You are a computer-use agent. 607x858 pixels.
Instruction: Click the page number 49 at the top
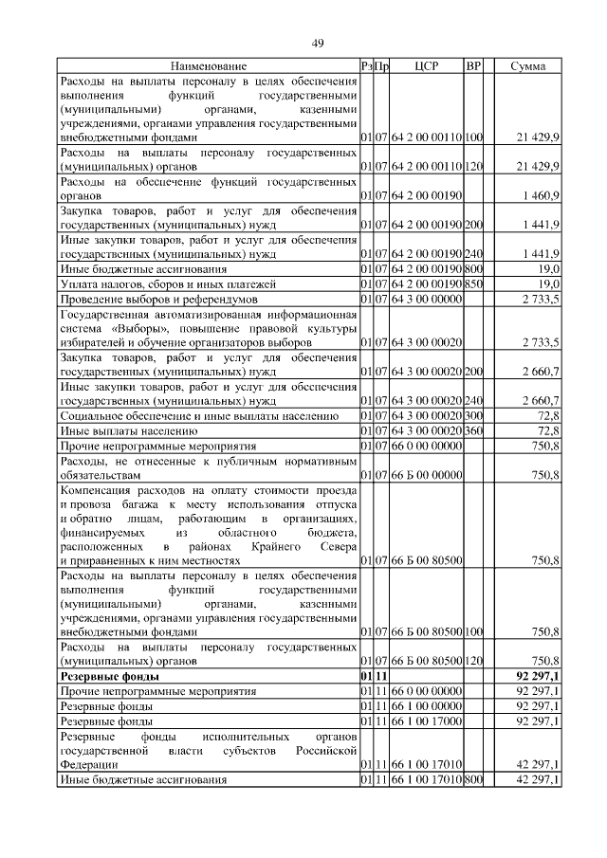[318, 43]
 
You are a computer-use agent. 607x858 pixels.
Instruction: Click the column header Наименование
[209, 66]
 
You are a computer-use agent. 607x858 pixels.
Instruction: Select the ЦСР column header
[425, 66]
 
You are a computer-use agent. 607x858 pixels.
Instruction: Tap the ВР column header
[474, 66]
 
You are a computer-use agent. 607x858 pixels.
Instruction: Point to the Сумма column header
[527, 66]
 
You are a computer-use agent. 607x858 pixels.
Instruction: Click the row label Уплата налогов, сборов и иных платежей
[168, 283]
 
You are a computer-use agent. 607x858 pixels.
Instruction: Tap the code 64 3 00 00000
[425, 299]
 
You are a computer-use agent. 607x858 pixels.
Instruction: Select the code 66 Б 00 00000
[425, 474]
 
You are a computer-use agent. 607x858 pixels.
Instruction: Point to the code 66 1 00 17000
[425, 721]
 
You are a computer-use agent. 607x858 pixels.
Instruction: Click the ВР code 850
[474, 283]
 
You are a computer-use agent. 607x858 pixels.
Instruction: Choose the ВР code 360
[474, 429]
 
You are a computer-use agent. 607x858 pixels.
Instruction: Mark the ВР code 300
[474, 415]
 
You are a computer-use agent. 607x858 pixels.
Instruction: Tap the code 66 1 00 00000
[425, 707]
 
